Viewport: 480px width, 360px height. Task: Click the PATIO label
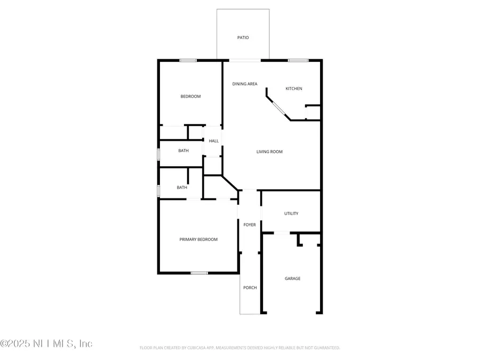coord(243,38)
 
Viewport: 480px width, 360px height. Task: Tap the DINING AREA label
coord(245,84)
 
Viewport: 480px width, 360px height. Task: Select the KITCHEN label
coord(294,89)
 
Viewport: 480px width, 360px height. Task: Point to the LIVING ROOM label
coord(269,151)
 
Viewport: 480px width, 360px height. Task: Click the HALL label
coord(213,141)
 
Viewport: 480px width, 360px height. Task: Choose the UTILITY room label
coord(291,213)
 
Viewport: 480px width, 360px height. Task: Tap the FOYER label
coord(250,225)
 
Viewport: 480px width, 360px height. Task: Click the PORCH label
coord(250,287)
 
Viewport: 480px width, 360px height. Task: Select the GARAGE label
coord(292,278)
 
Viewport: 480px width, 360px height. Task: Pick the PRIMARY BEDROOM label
coord(198,239)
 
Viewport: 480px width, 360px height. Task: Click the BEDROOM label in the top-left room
coord(190,96)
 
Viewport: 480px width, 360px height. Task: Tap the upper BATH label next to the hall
coord(183,151)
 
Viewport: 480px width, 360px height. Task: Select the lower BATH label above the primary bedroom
coord(182,187)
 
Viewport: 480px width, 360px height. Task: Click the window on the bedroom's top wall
coord(188,60)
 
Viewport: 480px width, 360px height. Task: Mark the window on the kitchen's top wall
coord(298,60)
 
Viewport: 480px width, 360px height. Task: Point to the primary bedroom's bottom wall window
coord(199,273)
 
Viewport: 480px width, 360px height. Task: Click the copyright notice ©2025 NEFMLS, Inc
coord(46,343)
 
